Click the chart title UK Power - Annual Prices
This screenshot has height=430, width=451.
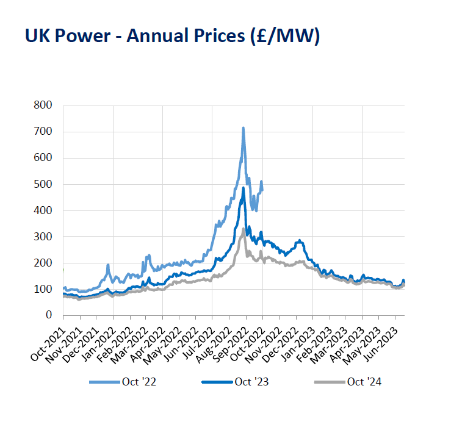pyautogui.click(x=172, y=36)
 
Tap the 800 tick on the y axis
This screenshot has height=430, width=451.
pyautogui.click(x=45, y=106)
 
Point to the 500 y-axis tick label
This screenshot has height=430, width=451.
pyautogui.click(x=45, y=184)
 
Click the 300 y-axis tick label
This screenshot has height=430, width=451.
pyautogui.click(x=45, y=237)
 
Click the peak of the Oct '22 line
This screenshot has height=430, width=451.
pyautogui.click(x=243, y=128)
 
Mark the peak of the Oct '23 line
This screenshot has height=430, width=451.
pyautogui.click(x=243, y=188)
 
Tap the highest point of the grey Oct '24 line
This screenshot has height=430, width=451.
pyautogui.click(x=243, y=229)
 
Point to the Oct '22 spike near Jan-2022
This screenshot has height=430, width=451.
pyautogui.click(x=108, y=265)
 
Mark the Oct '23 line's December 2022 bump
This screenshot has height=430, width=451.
pyautogui.click(x=299, y=241)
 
